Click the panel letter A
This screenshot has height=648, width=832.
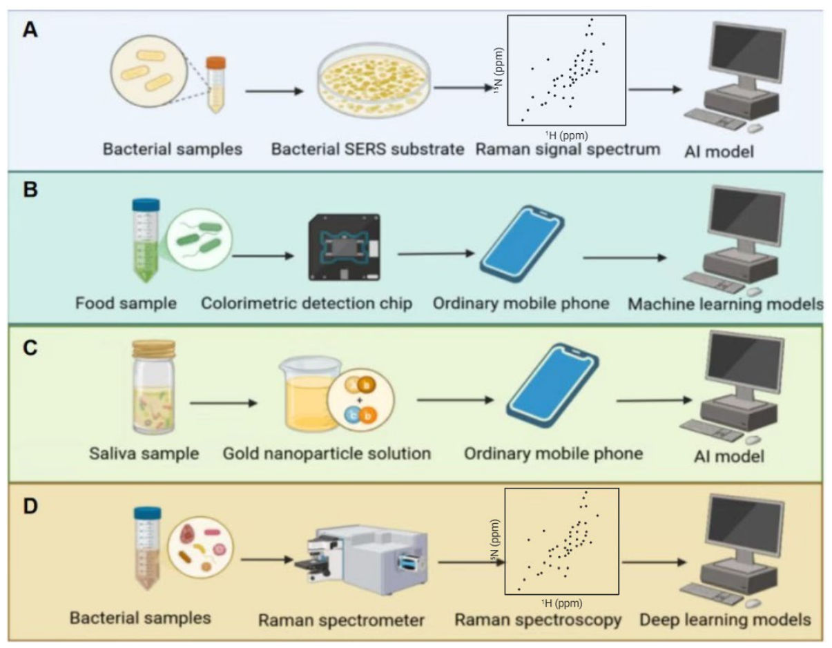click(x=30, y=30)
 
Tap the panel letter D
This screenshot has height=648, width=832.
click(x=30, y=507)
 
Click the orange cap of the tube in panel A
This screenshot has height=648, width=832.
click(x=216, y=63)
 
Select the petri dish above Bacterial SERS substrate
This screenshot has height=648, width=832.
click(x=374, y=80)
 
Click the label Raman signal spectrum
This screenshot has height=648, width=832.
click(x=568, y=149)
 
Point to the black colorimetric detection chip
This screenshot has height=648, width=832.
click(x=345, y=248)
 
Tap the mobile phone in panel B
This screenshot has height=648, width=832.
click(x=523, y=244)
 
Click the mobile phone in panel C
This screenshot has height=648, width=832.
click(x=552, y=385)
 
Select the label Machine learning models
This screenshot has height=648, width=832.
click(x=726, y=304)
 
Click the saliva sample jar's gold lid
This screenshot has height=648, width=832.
click(x=154, y=349)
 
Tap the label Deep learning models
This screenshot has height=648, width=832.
click(x=725, y=619)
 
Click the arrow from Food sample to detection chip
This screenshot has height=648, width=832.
click(x=262, y=256)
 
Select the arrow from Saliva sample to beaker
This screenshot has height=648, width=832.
click(x=223, y=403)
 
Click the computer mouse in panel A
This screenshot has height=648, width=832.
click(x=755, y=128)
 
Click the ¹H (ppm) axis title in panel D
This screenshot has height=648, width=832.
click(x=561, y=603)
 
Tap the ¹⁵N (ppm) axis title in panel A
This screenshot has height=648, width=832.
click(x=498, y=71)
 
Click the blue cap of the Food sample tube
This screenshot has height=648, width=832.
click(x=146, y=205)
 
